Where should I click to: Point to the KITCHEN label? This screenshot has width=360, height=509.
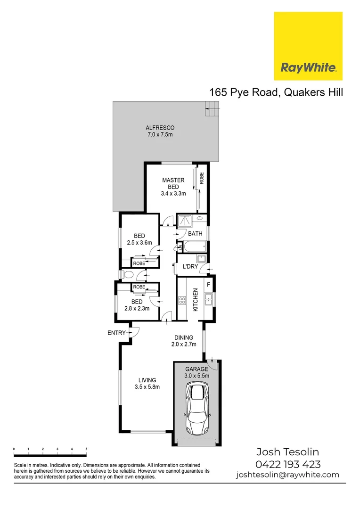[x=195, y=300]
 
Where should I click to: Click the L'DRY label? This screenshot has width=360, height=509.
[x=190, y=267]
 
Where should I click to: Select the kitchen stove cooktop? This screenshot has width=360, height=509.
[x=182, y=300]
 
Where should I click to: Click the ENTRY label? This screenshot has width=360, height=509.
[x=116, y=333]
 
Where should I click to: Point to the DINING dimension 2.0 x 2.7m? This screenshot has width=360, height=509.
[x=183, y=344]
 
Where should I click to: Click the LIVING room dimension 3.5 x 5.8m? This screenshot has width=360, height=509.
[x=147, y=387]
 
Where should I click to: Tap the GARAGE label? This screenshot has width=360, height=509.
[x=196, y=369]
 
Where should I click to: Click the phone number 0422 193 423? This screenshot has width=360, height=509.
[x=287, y=464]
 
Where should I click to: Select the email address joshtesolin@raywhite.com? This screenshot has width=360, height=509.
[x=287, y=475]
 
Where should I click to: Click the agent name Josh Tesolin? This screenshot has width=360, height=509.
[x=287, y=452]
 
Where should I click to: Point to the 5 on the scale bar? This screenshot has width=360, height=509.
[x=86, y=449]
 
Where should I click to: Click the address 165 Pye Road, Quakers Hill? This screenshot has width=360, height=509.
[x=276, y=92]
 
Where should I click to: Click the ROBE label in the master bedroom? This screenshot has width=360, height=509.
[x=202, y=179]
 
